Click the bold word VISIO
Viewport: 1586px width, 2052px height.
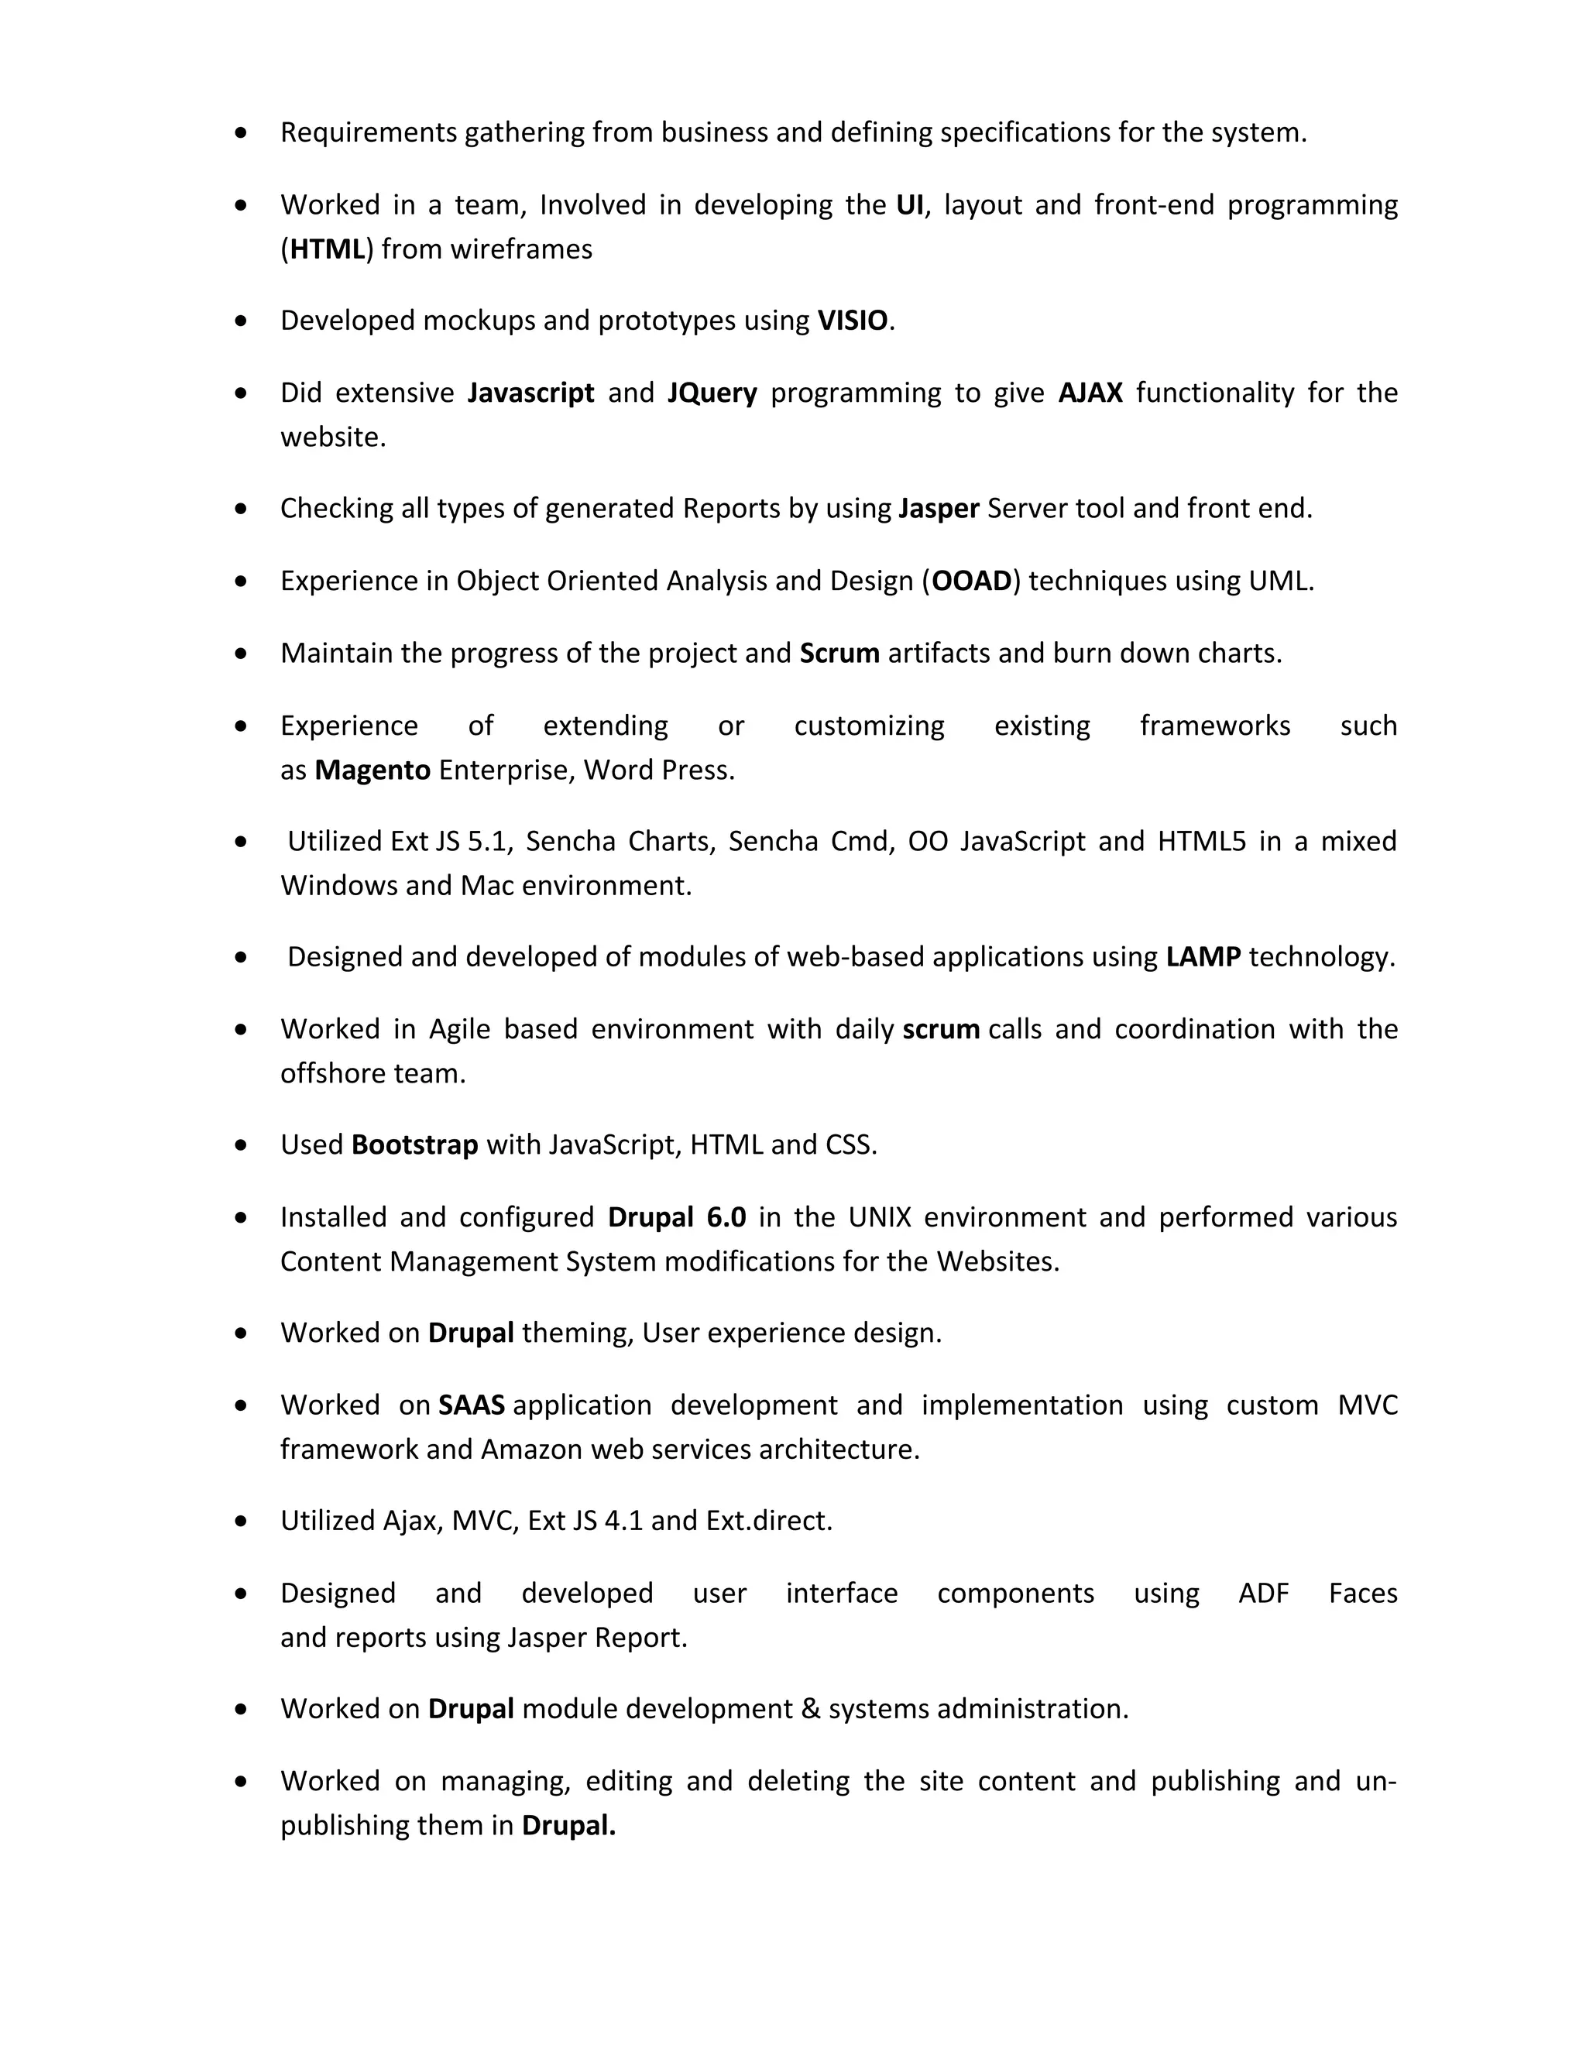pyautogui.click(x=852, y=321)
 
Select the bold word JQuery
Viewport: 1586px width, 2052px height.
pyautogui.click(x=712, y=393)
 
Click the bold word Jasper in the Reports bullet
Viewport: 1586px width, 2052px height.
pyautogui.click(x=939, y=508)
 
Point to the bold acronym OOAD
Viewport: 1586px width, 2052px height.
pyautogui.click(x=972, y=582)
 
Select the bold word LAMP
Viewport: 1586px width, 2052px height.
pyautogui.click(x=1203, y=957)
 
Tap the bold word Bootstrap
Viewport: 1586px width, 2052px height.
pyautogui.click(x=414, y=1145)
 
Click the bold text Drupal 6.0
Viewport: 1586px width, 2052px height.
pyautogui.click(x=677, y=1218)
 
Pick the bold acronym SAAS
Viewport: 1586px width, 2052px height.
pyautogui.click(x=472, y=1405)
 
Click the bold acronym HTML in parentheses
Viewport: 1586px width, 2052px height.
pyautogui.click(x=327, y=250)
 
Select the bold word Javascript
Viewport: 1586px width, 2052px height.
pyautogui.click(x=530, y=393)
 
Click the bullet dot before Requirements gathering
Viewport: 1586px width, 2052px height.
pyautogui.click(x=242, y=133)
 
